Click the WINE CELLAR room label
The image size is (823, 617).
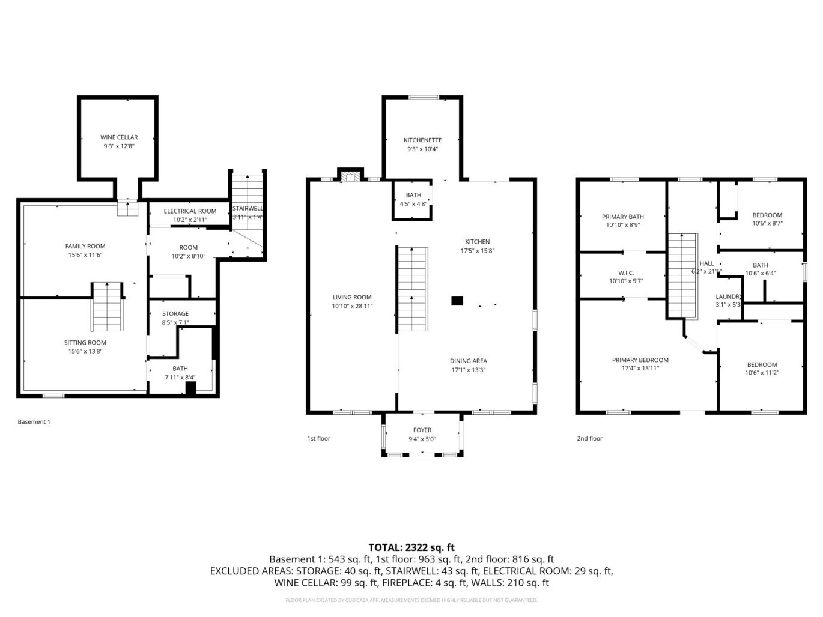(118, 137)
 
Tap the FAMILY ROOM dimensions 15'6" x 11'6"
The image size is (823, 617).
(85, 255)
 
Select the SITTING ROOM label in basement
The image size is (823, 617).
(85, 343)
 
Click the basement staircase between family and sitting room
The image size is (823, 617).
(108, 307)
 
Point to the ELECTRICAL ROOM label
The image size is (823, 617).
(190, 211)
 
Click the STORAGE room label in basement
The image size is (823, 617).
(175, 314)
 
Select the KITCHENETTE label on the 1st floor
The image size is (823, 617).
(422, 140)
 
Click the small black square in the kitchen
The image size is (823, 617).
(458, 301)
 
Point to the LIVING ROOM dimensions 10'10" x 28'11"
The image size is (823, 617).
(352, 306)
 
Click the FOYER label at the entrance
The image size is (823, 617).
(422, 430)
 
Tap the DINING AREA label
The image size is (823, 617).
(469, 361)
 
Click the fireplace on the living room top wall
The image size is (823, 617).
(350, 176)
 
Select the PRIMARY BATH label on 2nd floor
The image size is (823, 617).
(623, 217)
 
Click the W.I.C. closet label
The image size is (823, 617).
(626, 273)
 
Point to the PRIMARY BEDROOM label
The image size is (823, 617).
(640, 360)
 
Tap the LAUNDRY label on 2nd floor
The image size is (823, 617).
(729, 297)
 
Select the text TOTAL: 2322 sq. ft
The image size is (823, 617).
(412, 547)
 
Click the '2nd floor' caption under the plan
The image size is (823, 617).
(589, 438)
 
